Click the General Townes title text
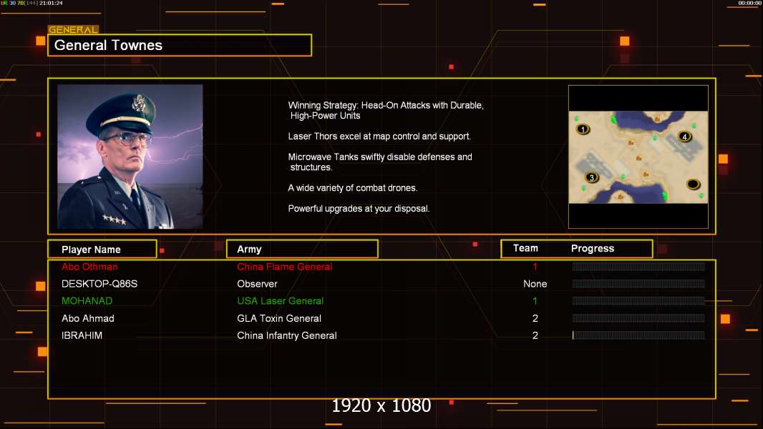coord(108,45)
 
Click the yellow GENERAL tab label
coord(73,29)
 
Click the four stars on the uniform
coord(114,220)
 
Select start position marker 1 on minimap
coord(583,129)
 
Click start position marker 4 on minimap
coord(685,137)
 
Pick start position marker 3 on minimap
coord(592,177)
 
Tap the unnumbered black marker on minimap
coord(693,184)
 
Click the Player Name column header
coord(91,250)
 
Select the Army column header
coord(249,250)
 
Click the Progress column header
coord(593,249)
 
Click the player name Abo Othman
coord(89,267)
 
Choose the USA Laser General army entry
coord(281,301)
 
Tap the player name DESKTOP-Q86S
coord(99,284)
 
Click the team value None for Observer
coord(535,284)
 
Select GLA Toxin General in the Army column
coord(279,319)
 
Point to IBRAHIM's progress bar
coord(638,335)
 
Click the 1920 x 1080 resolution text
coord(381,405)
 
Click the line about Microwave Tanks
coord(380,162)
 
